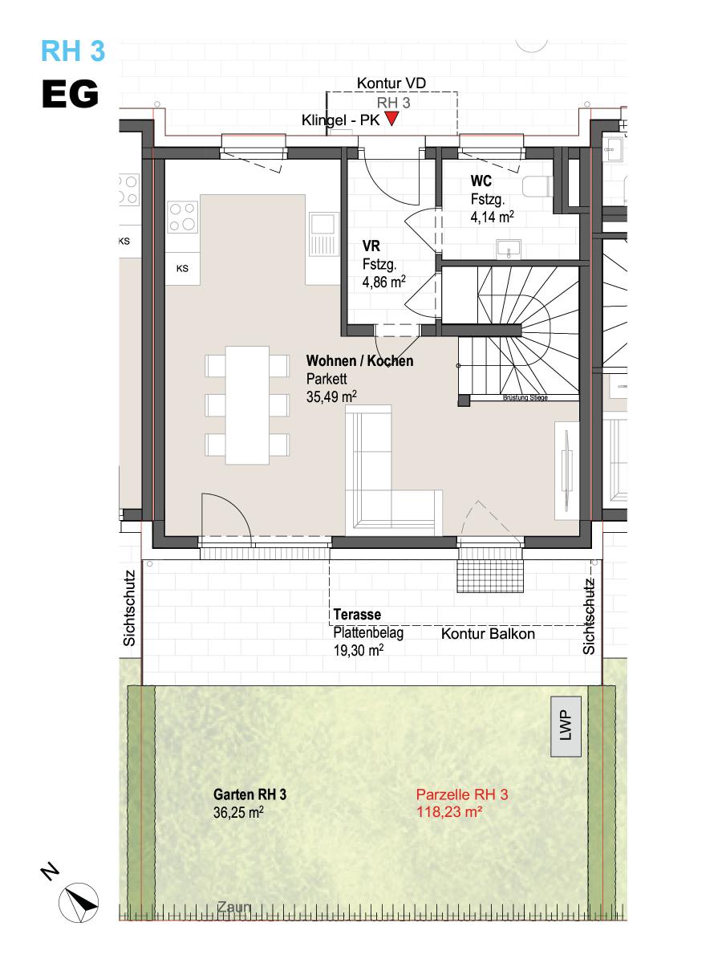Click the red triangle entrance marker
(x=391, y=119)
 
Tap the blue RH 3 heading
(x=73, y=51)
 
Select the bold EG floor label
(x=70, y=94)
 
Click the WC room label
(x=481, y=181)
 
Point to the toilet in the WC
(x=537, y=186)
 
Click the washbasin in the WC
(x=509, y=249)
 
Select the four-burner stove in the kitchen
(x=182, y=217)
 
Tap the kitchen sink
(x=324, y=234)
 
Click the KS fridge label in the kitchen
(x=182, y=269)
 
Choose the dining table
(x=247, y=405)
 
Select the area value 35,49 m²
(x=331, y=397)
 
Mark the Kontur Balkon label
(x=488, y=634)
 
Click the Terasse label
(x=357, y=614)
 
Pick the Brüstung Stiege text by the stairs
(x=525, y=398)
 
